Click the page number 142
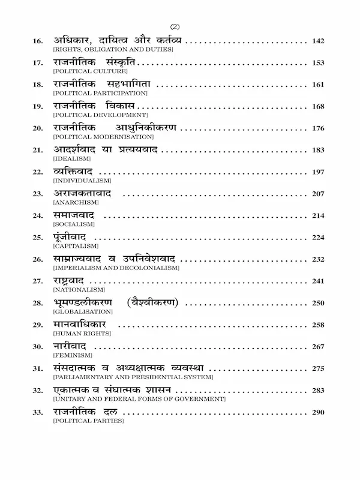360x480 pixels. click(318, 41)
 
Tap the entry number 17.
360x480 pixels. click(38, 63)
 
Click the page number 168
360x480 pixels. click(318, 106)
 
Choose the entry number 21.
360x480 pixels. click(38, 150)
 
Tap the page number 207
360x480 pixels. click(318, 194)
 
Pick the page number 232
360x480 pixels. click(318, 259)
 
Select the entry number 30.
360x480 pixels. click(38, 347)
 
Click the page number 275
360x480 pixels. click(318, 368)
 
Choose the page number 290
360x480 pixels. click(318, 412)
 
